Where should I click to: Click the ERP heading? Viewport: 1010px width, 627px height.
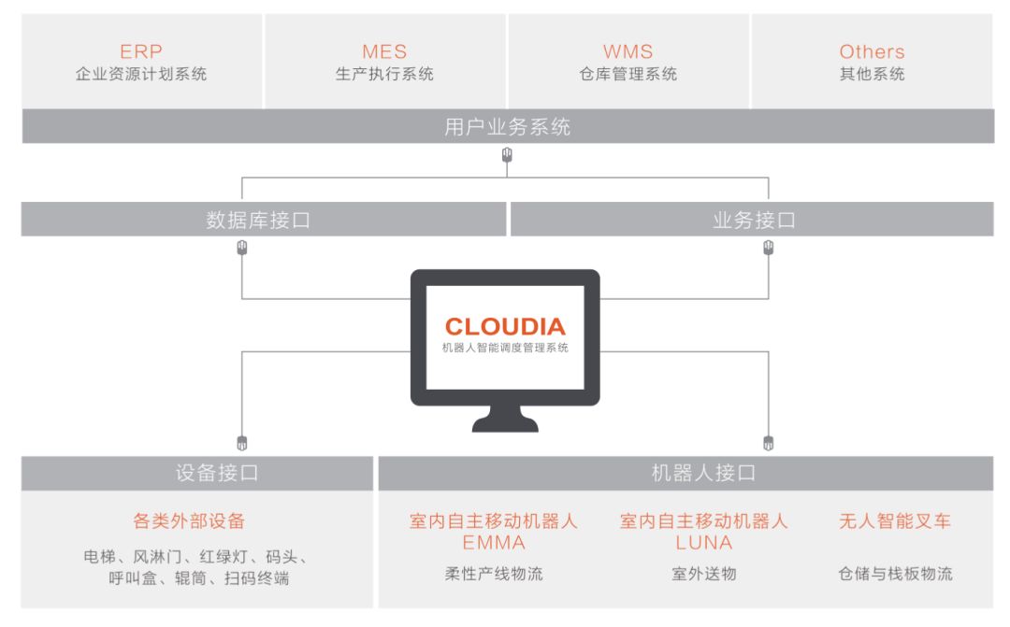tap(141, 51)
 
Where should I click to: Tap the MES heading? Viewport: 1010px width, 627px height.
tap(384, 51)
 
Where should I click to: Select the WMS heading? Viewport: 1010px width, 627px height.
tap(628, 51)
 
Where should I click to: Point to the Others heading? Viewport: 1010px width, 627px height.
tap(872, 51)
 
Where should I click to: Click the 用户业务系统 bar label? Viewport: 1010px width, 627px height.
tap(507, 127)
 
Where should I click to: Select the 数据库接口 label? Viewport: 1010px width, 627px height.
tap(258, 221)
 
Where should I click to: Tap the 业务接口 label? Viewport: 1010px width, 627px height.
tap(754, 221)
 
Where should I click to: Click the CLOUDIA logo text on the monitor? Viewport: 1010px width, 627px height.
tap(505, 326)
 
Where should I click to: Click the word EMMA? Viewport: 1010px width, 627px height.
tap(494, 542)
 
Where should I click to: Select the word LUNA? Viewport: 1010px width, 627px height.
tap(703, 542)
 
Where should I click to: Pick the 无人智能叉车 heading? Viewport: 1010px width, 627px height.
tap(895, 520)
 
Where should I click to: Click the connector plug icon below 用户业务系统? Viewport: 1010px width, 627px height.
tap(507, 155)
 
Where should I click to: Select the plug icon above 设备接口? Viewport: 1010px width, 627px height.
tap(243, 442)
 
